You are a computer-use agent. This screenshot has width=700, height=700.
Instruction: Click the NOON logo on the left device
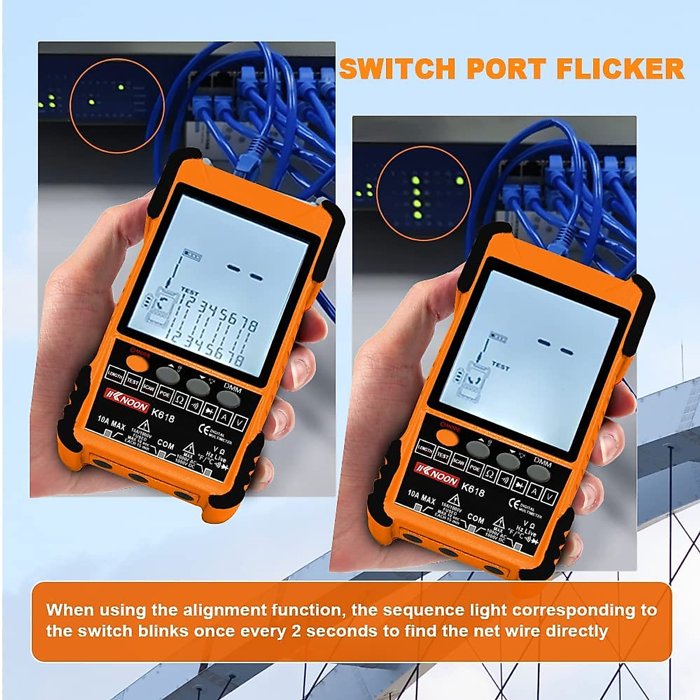(127, 401)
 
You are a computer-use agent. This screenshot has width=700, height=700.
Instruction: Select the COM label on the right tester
(475, 519)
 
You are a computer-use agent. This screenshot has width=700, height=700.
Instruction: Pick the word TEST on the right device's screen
(500, 366)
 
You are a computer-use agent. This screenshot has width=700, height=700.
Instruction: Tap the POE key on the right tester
(475, 468)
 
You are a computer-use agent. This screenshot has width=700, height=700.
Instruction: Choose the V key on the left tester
(239, 422)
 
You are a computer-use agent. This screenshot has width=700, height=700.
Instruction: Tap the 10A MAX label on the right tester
(421, 497)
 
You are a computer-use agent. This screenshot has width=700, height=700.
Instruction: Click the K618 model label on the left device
(163, 415)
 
